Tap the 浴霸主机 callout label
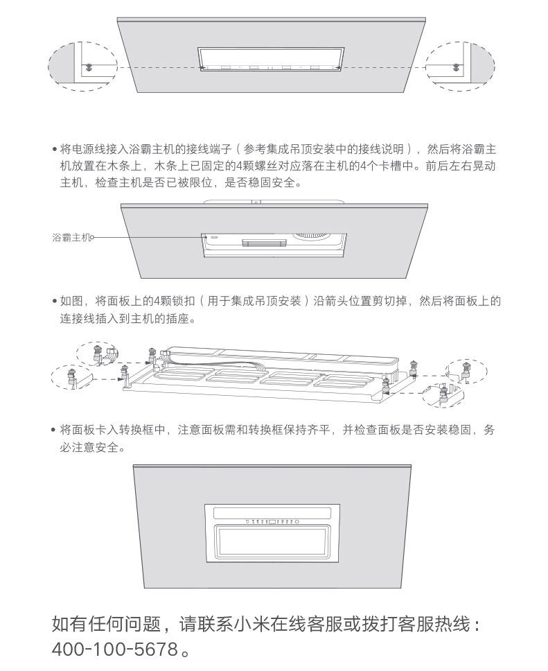[71, 237]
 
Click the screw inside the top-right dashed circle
[455, 67]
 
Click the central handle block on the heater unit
[263, 242]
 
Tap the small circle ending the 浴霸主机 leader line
[93, 237]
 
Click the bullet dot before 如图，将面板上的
[54, 302]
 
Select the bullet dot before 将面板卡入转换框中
[54, 430]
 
